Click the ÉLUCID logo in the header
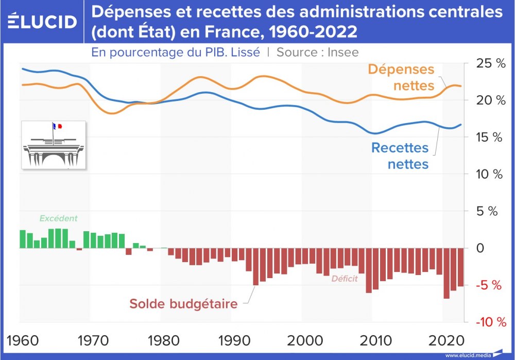pyautogui.click(x=43, y=22)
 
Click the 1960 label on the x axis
pyautogui.click(x=22, y=340)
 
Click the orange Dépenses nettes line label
pyautogui.click(x=402, y=77)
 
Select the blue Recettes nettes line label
pyautogui.click(x=400, y=156)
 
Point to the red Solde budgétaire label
pyautogui.click(x=183, y=304)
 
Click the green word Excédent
pyautogui.click(x=58, y=218)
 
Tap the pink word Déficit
pyautogui.click(x=345, y=279)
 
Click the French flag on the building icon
pyautogui.click(x=57, y=126)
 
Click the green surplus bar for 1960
pyautogui.click(x=23, y=239)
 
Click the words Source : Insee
pyautogui.click(x=318, y=52)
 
